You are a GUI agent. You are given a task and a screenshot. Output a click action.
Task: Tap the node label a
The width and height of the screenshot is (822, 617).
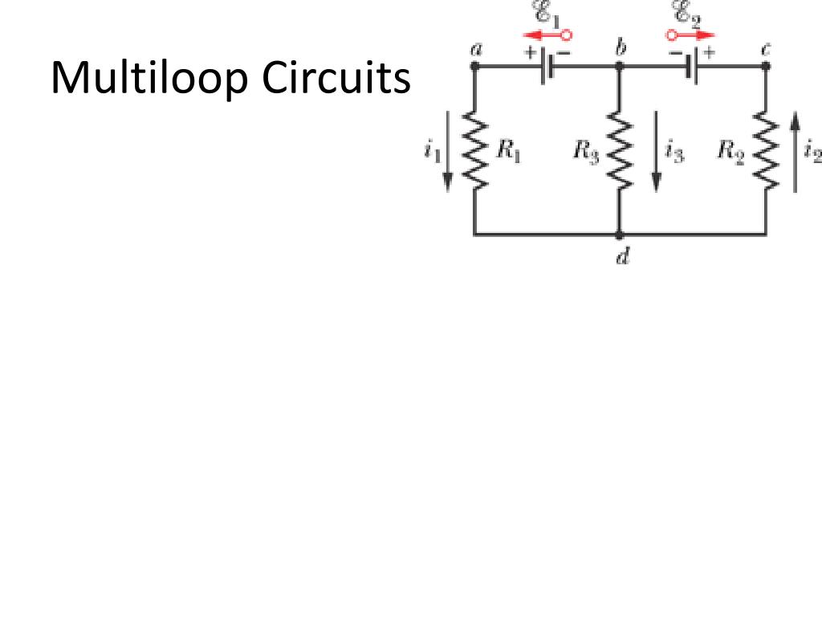(x=476, y=49)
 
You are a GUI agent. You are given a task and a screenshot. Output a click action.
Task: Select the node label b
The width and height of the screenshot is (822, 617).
(x=620, y=48)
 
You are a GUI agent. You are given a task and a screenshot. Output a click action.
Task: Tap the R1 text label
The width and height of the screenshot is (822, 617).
(x=508, y=150)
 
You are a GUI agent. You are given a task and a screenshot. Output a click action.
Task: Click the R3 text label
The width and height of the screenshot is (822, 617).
(x=586, y=150)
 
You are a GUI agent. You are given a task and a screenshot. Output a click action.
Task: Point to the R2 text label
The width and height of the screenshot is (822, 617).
(x=730, y=150)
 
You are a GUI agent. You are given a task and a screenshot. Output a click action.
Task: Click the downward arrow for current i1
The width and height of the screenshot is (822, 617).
(x=448, y=161)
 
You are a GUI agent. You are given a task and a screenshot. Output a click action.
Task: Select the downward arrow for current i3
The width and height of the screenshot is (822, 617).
(x=656, y=161)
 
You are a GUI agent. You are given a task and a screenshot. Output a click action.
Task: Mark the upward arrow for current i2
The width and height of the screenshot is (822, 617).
(x=795, y=153)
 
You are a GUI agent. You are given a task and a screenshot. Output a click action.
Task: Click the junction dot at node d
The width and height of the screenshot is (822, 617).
(x=620, y=235)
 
